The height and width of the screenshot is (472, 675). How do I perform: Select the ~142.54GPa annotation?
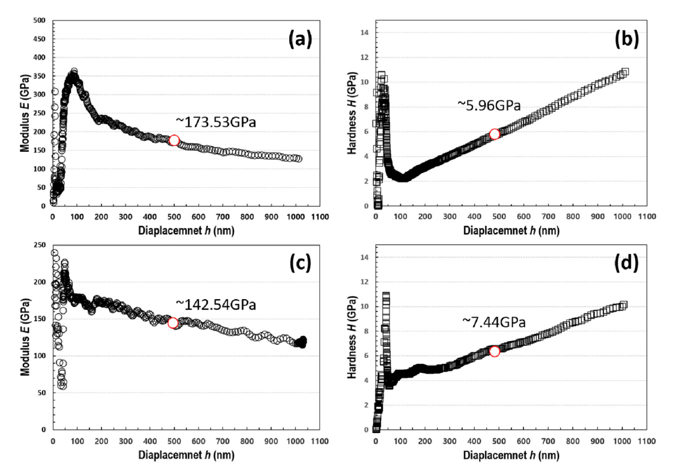pyautogui.click(x=216, y=304)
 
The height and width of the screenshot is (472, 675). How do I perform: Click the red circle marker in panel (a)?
pyautogui.click(x=174, y=141)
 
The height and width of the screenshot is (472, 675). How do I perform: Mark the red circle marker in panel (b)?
pyautogui.click(x=494, y=134)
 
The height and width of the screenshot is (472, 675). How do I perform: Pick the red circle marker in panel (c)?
pyautogui.click(x=173, y=323)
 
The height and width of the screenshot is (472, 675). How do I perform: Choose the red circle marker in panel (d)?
pyautogui.click(x=494, y=351)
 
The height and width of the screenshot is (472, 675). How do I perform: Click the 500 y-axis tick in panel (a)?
pyautogui.click(x=40, y=20)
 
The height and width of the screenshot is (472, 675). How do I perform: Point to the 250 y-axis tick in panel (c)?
pyautogui.click(x=40, y=245)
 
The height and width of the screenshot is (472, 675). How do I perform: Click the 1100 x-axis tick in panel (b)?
pyautogui.click(x=646, y=217)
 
